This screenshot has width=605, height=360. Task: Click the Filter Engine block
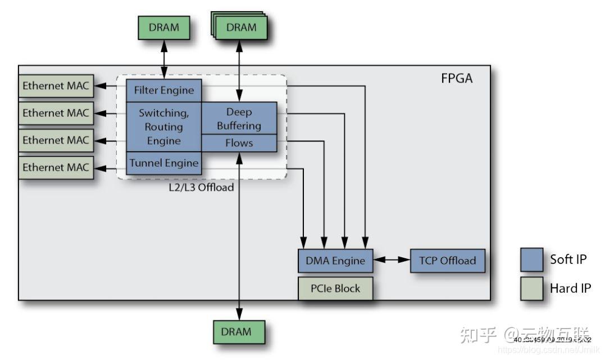[x=163, y=90]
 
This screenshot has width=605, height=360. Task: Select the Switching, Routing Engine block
[x=163, y=126]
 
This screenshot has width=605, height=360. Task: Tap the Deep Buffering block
[x=239, y=119]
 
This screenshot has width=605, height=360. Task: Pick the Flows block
[x=239, y=143]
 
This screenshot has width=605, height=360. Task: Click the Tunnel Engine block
[x=163, y=163]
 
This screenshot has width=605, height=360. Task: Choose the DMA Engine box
[x=335, y=261]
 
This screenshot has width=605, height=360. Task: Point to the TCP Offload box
[x=447, y=261]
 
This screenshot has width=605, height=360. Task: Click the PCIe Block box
[x=335, y=288]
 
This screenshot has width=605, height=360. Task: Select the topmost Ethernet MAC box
[x=56, y=86]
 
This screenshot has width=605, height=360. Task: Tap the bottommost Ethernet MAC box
[x=56, y=167]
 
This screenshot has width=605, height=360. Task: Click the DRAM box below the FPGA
[x=239, y=331]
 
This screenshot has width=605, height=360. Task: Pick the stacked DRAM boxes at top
[x=240, y=27]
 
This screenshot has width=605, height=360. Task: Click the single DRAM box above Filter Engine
[x=163, y=27]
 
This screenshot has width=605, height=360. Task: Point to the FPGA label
[x=456, y=78]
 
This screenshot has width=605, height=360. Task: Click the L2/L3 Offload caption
[x=201, y=187]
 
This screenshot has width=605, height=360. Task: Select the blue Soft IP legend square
[x=531, y=259]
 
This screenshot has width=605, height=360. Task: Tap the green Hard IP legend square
[x=531, y=288]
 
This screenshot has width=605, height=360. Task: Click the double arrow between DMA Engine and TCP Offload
[x=392, y=261]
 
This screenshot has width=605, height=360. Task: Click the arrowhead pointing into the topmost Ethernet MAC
[x=99, y=86]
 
